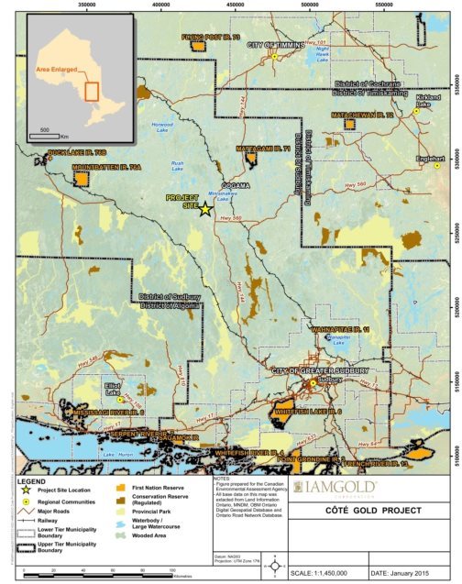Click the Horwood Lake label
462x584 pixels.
[x=162, y=127]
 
